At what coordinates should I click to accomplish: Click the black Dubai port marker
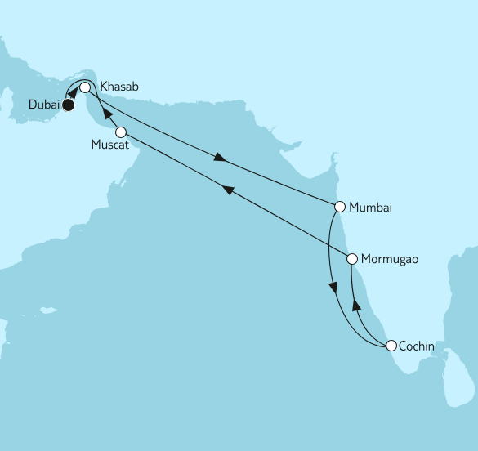(x=69, y=105)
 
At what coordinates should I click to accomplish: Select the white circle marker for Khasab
(x=85, y=87)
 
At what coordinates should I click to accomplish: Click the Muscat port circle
(x=120, y=132)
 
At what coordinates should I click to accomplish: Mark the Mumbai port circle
(x=337, y=207)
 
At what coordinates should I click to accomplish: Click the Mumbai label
(x=370, y=207)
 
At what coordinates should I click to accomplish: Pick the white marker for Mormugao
(x=352, y=259)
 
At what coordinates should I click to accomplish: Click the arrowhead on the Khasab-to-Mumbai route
(x=220, y=156)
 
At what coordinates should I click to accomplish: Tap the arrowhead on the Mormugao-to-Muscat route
(x=230, y=191)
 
